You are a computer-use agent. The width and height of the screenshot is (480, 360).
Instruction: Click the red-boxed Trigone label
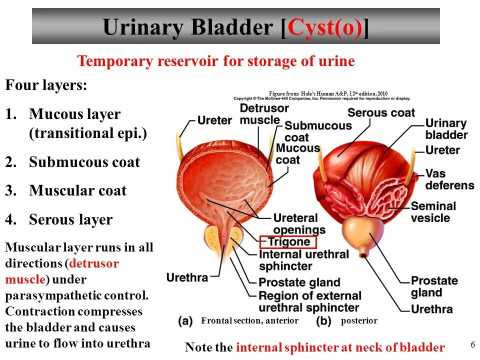288,242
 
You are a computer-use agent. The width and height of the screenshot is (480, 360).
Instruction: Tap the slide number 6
472,344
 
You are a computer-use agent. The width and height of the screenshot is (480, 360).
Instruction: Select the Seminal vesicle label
433,211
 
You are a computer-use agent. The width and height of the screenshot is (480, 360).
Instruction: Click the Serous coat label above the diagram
381,112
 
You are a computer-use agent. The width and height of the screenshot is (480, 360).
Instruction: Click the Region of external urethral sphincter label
309,301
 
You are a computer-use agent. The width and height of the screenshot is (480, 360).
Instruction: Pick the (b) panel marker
323,320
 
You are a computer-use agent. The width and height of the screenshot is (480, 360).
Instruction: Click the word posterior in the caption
359,321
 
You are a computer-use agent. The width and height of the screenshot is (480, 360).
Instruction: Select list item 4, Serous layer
70,219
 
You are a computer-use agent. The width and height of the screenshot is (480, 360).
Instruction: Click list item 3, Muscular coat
77,190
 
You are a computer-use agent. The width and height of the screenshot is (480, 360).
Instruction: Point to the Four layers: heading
46,85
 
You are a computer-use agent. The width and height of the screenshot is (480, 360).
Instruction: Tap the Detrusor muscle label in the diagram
264,114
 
